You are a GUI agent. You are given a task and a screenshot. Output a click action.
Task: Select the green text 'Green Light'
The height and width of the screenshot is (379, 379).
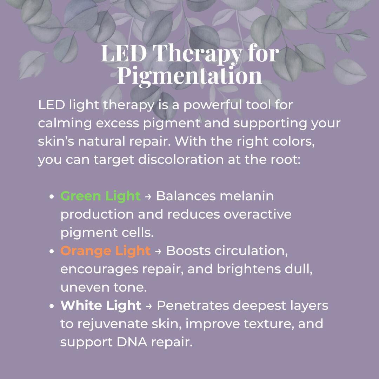[x=100, y=196]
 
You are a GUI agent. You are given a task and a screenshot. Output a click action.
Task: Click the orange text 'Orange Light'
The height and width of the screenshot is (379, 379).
[x=105, y=251]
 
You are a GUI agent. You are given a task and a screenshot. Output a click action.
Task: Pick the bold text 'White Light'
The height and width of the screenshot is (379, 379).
[x=101, y=305]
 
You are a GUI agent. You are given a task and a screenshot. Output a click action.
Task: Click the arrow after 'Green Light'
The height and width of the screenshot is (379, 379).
[x=148, y=197]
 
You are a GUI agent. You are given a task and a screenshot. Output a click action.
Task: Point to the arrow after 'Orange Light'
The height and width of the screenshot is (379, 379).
[x=158, y=251]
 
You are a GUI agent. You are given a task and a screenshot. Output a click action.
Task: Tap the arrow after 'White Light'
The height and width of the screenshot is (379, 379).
[x=149, y=306]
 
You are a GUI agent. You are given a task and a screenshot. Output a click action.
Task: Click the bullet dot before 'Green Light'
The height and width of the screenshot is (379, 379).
[x=52, y=197]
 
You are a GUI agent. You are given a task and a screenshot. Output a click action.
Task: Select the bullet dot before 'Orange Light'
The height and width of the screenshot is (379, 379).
[x=52, y=251]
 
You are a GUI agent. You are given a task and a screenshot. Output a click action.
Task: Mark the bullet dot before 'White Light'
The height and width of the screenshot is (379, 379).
[x=52, y=306]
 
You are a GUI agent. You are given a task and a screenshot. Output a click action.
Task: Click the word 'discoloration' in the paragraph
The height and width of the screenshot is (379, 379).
[x=181, y=159]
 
